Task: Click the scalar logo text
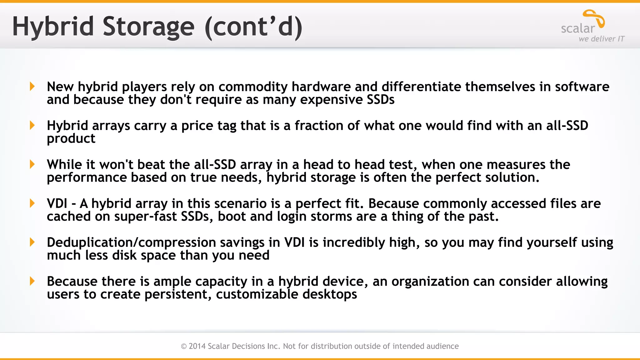coord(578,29)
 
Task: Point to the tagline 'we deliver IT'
coord(601,39)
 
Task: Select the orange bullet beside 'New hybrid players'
coord(32,86)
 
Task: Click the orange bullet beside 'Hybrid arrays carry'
coord(32,125)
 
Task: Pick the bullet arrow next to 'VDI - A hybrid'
coord(32,203)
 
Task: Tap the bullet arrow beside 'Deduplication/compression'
coord(32,242)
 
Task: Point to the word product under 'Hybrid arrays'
coord(71,139)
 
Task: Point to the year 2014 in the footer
coord(197,346)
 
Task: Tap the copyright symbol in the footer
coord(184,346)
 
